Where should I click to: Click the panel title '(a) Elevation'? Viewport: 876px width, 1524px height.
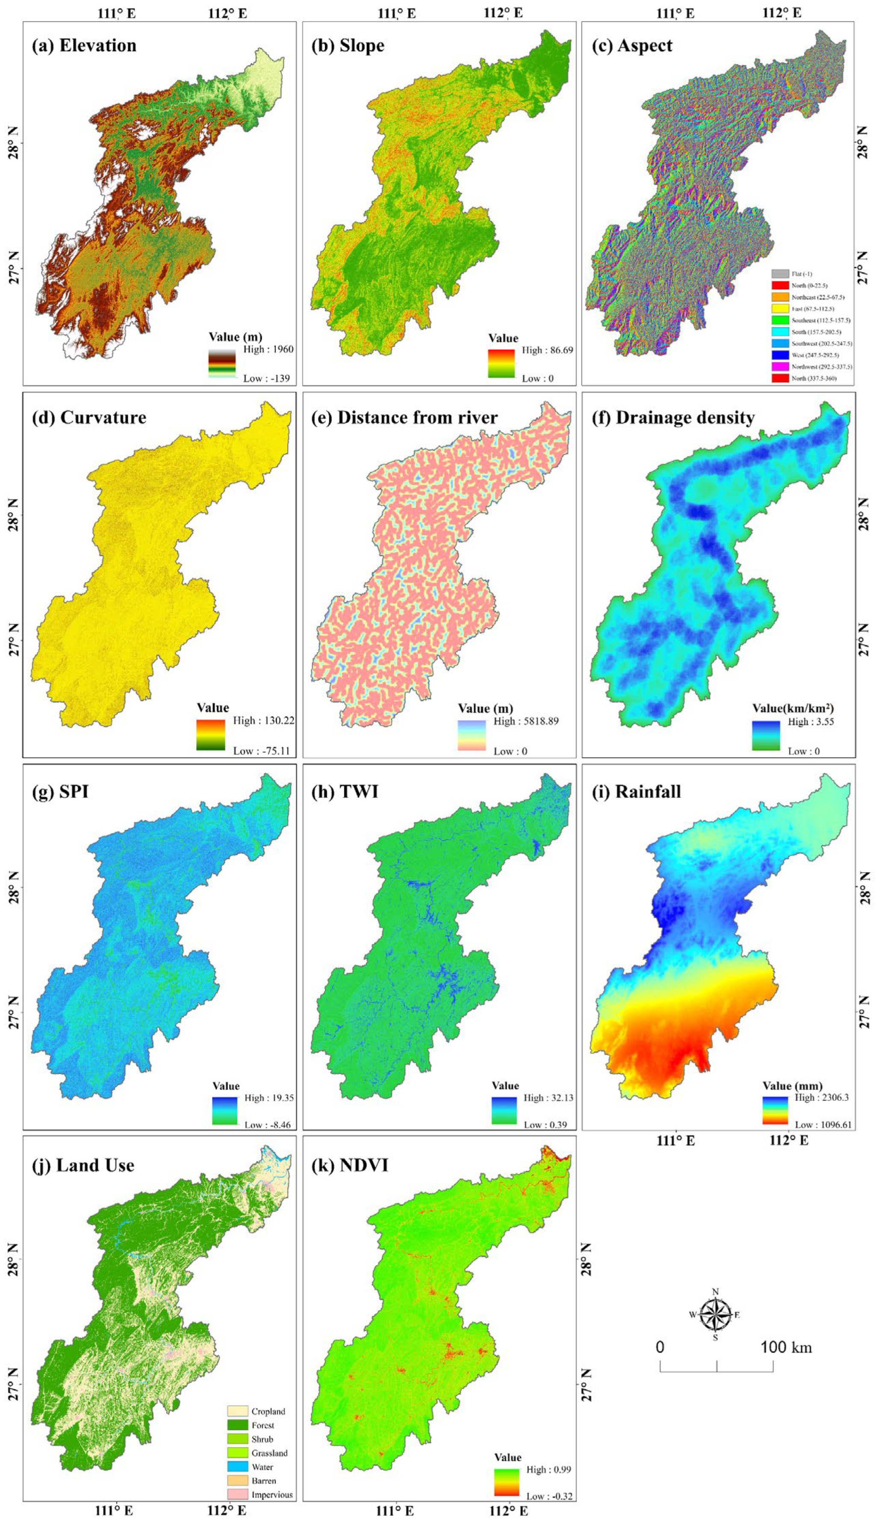84,46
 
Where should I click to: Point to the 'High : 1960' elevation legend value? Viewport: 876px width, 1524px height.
268,349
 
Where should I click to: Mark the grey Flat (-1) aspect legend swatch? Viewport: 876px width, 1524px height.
780,274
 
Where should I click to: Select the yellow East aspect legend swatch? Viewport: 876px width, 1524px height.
780,309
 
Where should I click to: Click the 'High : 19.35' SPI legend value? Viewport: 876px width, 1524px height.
269,1098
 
